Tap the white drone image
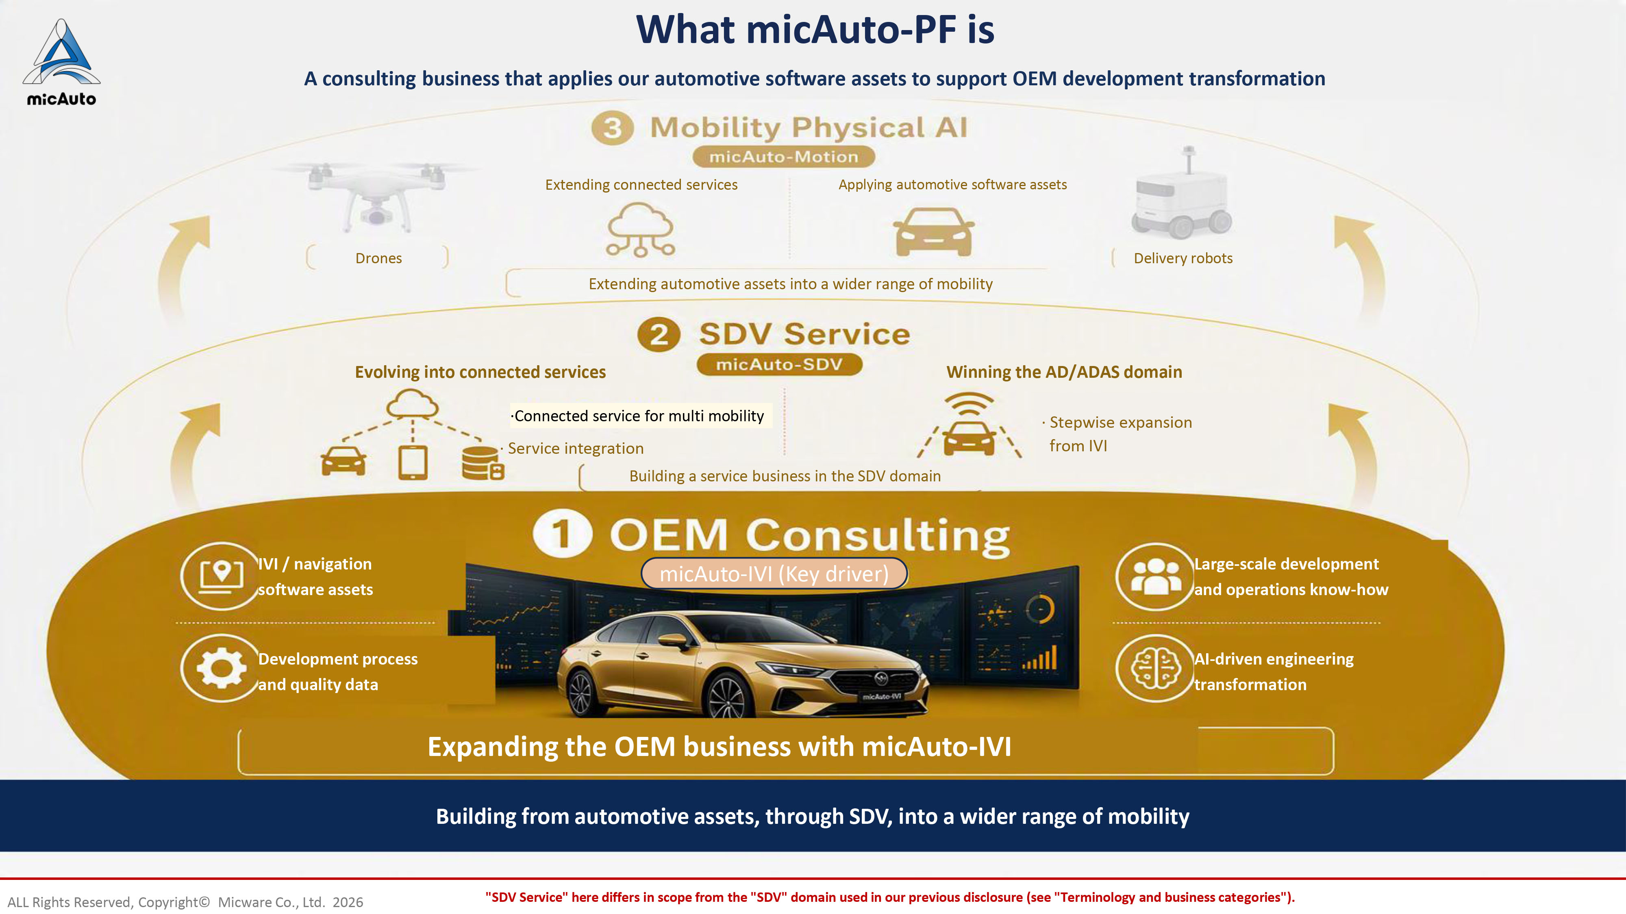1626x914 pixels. point(377,195)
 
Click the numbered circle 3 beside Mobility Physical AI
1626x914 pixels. point(612,128)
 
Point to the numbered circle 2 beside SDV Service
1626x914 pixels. point(659,334)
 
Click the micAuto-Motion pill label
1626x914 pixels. point(784,156)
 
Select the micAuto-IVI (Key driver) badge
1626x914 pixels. point(774,573)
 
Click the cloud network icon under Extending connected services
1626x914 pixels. point(641,230)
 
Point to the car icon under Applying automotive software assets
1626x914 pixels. point(934,232)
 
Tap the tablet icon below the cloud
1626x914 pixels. point(413,462)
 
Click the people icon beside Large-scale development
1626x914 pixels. point(1156,576)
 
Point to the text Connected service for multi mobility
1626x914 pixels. point(639,416)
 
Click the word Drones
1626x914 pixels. point(379,258)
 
